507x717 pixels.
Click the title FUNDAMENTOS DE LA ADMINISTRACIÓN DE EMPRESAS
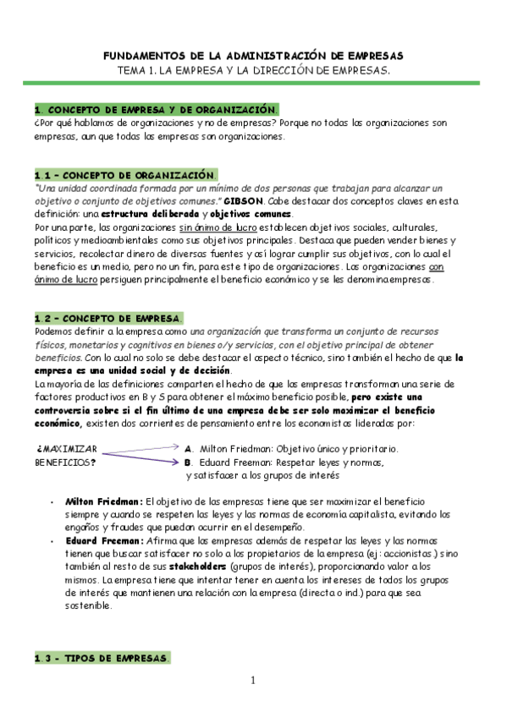[253, 54]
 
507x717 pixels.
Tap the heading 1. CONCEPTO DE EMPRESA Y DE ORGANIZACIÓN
[156, 110]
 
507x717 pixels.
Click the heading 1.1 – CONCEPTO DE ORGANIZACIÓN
[126, 173]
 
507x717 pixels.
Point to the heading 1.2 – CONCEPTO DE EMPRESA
[108, 318]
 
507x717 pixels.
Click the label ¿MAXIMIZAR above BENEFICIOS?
[67, 448]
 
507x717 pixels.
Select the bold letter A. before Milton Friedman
[189, 449]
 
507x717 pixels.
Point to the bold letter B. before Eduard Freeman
[189, 462]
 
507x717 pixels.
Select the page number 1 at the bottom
[252, 681]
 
